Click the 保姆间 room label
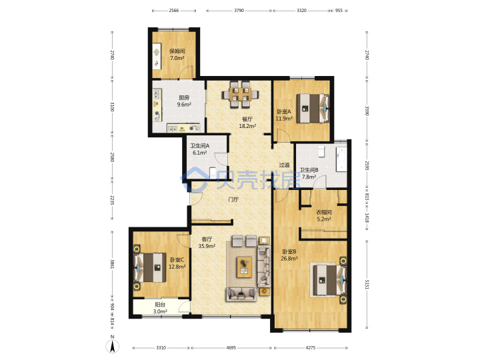177,51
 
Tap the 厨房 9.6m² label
184,101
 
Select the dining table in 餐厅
240,94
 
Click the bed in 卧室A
313,109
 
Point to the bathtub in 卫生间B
341,159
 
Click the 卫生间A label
199,146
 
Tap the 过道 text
284,165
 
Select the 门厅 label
233,199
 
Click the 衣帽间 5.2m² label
324,215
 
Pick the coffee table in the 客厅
244,267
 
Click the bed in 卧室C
150,267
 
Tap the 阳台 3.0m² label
160,308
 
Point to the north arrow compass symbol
113,345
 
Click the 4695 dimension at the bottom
231,348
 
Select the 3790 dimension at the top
239,11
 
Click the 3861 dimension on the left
112,265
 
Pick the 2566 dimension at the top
173,11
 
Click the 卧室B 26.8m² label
289,255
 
